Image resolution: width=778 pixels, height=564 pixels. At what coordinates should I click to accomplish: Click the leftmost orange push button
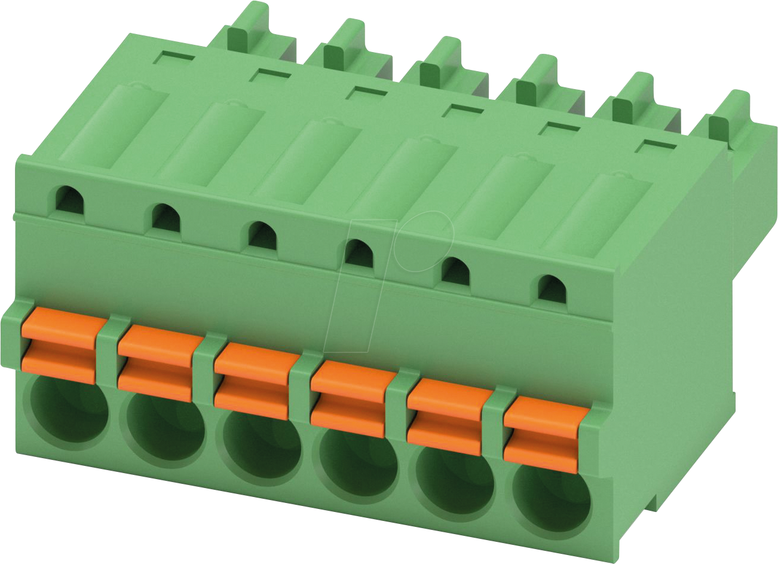58,346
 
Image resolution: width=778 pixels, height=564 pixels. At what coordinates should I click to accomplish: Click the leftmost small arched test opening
70,200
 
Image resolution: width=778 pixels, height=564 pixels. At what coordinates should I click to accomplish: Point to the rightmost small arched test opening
552,289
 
